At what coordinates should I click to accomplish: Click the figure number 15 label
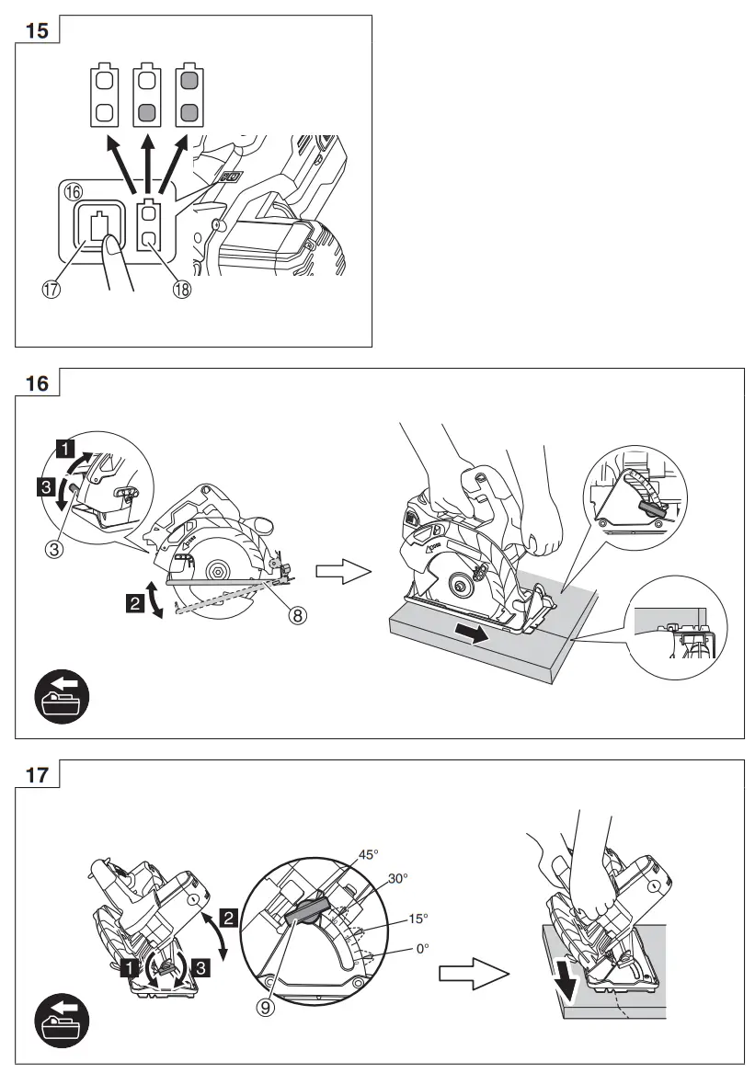[x=37, y=29]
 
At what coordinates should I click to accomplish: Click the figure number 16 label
[x=37, y=383]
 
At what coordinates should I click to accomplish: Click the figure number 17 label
[x=37, y=774]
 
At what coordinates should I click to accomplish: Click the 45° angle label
[x=369, y=854]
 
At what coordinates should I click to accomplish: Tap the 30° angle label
[x=397, y=878]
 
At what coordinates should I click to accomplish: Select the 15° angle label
[x=418, y=918]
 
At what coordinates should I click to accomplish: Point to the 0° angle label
[x=422, y=948]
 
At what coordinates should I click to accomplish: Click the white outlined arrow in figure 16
[x=342, y=573]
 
